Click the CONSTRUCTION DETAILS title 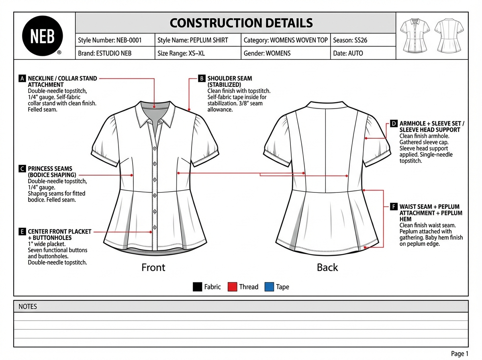click(x=241, y=22)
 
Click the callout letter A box click(x=22, y=78)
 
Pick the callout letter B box click(x=202, y=78)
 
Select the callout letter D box click(x=394, y=124)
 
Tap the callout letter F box click(x=394, y=207)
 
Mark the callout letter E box click(x=22, y=232)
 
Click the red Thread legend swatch click(x=233, y=287)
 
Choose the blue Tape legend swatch click(x=269, y=287)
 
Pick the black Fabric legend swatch click(x=197, y=287)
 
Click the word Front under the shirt click(x=153, y=267)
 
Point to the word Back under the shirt click(x=327, y=267)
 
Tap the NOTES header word click(x=28, y=307)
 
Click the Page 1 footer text click(x=460, y=354)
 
